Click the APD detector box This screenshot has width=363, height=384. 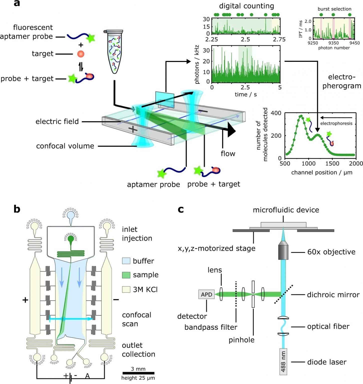click(x=206, y=294)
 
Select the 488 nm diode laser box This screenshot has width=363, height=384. click(x=283, y=361)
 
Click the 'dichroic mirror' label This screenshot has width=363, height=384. click(x=333, y=295)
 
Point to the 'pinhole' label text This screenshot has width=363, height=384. click(x=241, y=340)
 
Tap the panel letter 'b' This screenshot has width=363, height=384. click(x=17, y=209)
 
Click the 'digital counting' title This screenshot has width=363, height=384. click(x=246, y=6)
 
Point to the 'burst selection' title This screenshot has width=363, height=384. click(x=334, y=9)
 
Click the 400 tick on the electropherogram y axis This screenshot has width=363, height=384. click(x=276, y=113)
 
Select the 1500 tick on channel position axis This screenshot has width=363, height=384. click(x=332, y=163)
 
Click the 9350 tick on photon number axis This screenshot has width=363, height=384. click(x=333, y=43)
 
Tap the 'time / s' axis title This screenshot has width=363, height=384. click(x=246, y=94)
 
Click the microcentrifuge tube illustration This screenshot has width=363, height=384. click(x=114, y=51)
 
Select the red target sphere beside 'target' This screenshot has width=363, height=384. click(x=81, y=54)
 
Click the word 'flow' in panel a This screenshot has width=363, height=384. click(x=228, y=153)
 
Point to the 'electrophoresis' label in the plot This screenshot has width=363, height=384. click(x=336, y=123)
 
